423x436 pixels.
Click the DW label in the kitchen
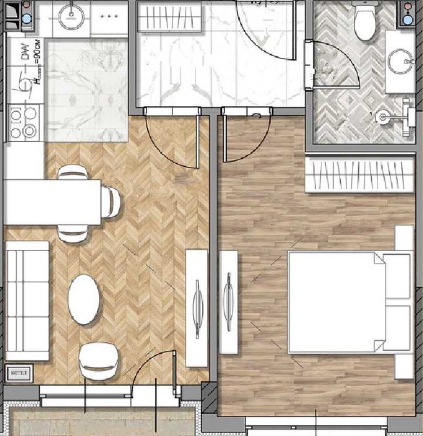click(x=26, y=55)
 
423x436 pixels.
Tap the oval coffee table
click(x=84, y=299)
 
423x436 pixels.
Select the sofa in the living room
click(x=27, y=301)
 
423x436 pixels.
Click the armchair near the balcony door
click(x=99, y=361)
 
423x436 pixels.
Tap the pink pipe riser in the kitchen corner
click(x=25, y=6)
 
